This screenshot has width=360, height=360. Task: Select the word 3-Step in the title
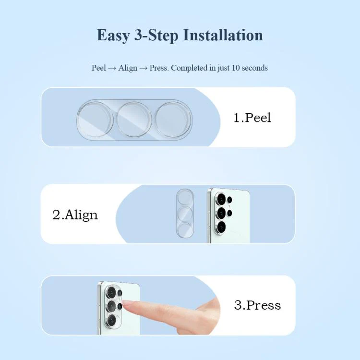(156, 36)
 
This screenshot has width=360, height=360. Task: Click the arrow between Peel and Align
(112, 68)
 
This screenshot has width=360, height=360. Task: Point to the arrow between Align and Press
(143, 68)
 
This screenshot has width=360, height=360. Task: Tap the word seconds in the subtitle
(255, 68)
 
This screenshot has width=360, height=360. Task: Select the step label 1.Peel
(252, 118)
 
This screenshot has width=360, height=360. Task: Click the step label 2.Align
(75, 215)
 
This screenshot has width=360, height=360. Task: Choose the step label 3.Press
(257, 305)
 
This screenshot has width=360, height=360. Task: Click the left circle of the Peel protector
(95, 120)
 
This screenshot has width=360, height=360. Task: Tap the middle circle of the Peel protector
(134, 120)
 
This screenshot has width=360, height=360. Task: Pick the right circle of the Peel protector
(173, 120)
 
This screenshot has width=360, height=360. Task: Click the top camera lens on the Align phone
(221, 199)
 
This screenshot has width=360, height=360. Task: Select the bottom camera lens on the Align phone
(221, 228)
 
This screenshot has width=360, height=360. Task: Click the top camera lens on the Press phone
(111, 292)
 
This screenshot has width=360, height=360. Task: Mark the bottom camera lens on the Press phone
(111, 320)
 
